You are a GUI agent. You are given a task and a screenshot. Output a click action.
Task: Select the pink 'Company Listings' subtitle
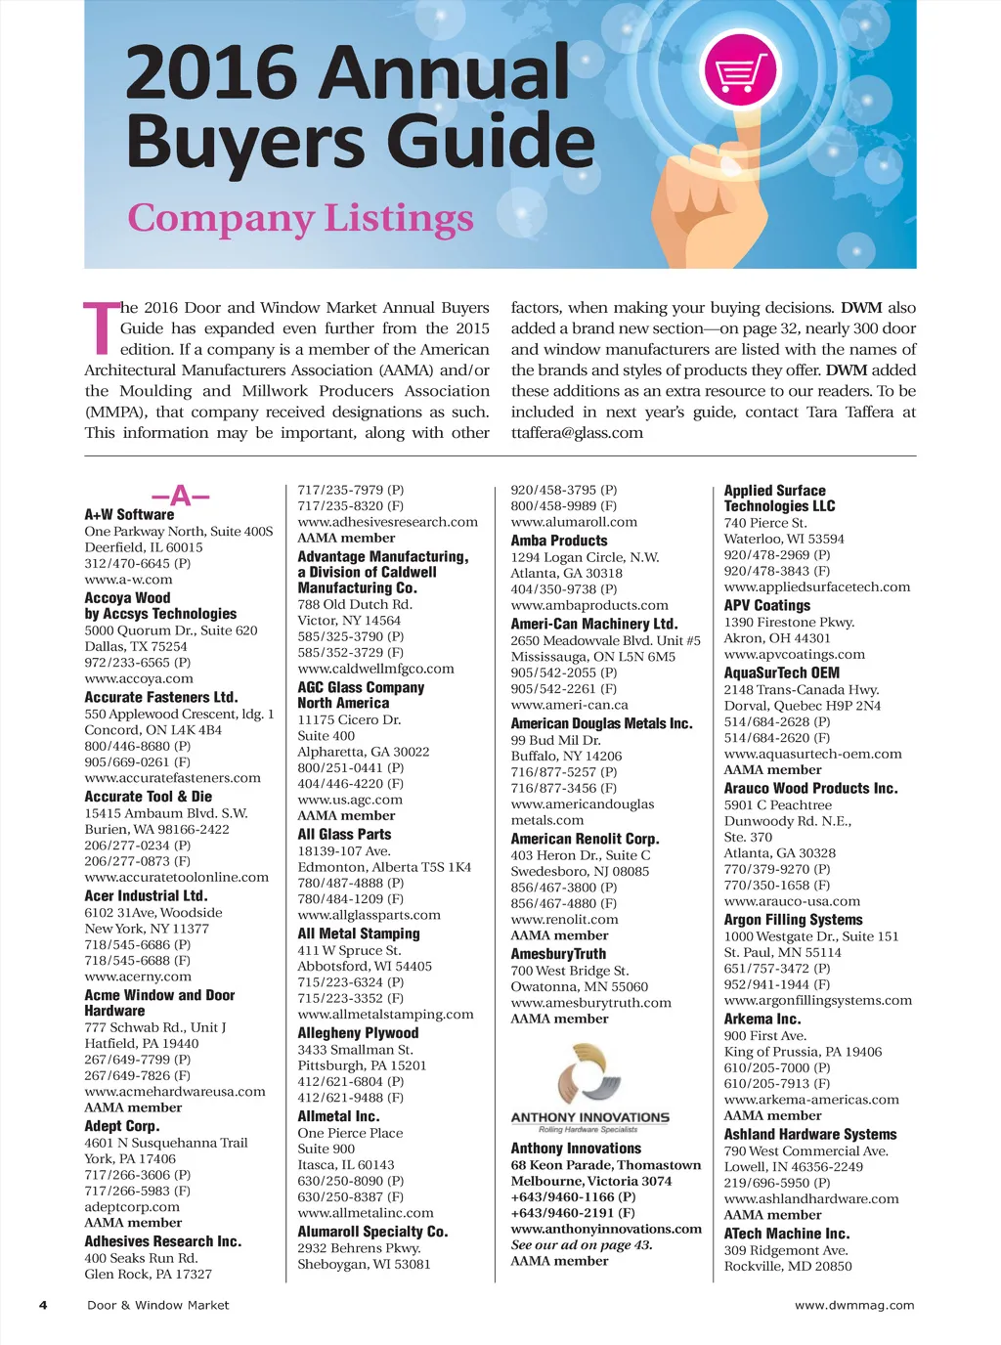[300, 218]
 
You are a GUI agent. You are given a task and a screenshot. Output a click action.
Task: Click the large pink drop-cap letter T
[101, 328]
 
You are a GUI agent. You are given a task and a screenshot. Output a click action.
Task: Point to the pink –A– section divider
[181, 495]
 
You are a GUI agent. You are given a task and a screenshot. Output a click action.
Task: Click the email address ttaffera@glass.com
[577, 433]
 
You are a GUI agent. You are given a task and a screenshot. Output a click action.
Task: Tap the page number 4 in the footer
[43, 1305]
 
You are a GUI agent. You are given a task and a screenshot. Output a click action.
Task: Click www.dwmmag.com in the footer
[854, 1305]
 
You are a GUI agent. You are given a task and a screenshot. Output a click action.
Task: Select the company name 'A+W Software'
[129, 514]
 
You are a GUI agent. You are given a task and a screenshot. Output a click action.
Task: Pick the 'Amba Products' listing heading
[559, 541]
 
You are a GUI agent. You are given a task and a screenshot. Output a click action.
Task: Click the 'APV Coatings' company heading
[767, 606]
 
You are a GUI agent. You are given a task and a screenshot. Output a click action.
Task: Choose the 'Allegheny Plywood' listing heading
[358, 1033]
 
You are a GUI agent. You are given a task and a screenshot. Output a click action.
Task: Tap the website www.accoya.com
[139, 678]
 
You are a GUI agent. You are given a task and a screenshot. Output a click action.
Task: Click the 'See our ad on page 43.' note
[582, 1245]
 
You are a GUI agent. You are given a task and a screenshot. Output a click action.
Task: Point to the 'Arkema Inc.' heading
[762, 1019]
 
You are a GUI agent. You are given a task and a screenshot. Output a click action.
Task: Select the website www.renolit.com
[564, 920]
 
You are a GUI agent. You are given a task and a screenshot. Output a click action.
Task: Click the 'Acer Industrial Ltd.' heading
[146, 895]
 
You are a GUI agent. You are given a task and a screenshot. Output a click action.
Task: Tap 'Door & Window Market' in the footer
[158, 1305]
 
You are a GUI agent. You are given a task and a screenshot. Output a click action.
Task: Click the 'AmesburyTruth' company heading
[558, 954]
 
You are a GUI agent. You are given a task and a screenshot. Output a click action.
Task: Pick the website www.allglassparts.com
[369, 915]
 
